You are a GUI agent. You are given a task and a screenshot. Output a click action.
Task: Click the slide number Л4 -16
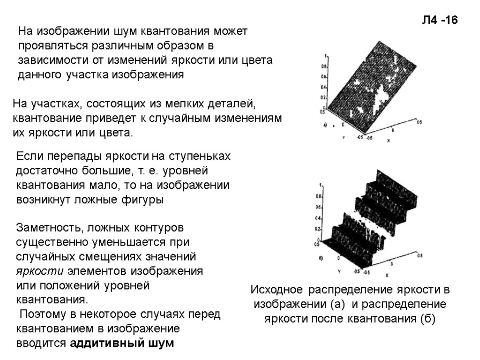pyautogui.click(x=439, y=20)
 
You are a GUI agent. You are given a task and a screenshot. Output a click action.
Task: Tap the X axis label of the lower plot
pyautogui.click(x=387, y=275)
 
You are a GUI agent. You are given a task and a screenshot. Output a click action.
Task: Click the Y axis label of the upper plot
pyautogui.click(x=343, y=138)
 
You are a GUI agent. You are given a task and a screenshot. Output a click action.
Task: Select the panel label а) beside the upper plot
pyautogui.click(x=325, y=125)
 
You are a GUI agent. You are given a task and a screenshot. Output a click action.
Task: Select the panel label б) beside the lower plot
pyautogui.click(x=320, y=258)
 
